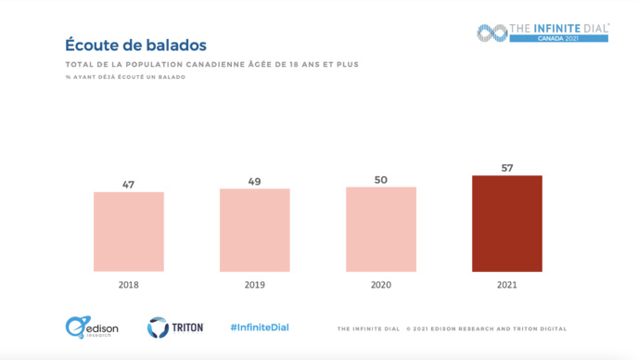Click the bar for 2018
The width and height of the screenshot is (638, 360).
point(128,232)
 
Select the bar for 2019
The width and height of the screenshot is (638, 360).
point(254,230)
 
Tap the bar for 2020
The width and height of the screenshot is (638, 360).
point(381,229)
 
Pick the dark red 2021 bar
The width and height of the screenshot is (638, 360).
point(507,224)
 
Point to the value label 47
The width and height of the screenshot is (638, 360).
point(129,185)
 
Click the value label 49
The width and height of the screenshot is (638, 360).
point(254,181)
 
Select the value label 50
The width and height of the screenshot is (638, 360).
point(381,179)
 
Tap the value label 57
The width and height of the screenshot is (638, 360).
point(507,168)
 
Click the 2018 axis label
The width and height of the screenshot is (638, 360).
point(128,286)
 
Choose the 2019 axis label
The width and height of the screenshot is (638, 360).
point(254,286)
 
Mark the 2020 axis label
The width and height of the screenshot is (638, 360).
point(381,286)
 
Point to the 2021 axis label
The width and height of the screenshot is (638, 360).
point(507,286)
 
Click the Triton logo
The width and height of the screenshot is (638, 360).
point(175,328)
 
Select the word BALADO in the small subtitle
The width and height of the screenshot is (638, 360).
point(172,76)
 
